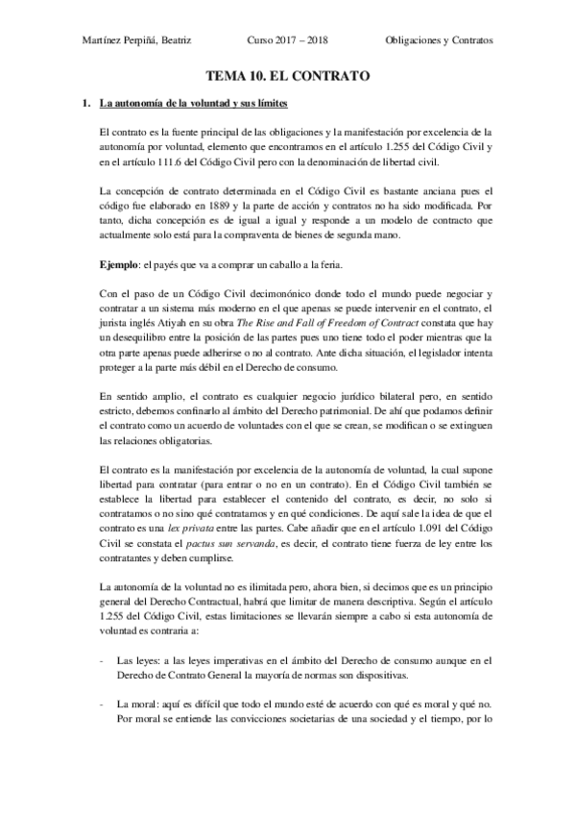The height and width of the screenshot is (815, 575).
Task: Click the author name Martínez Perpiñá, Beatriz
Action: coord(136,41)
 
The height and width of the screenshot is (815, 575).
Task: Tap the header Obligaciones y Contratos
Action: coord(439,41)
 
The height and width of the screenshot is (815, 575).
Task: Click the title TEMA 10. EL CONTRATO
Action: coord(287,74)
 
